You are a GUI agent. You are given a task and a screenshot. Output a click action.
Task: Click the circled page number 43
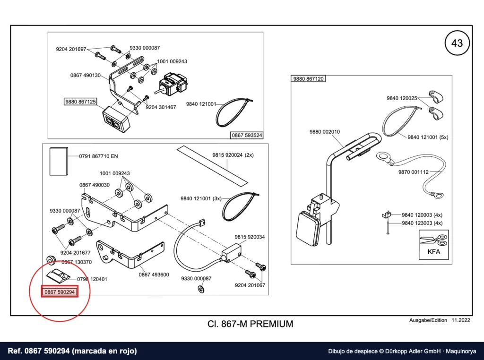(x=457, y=43)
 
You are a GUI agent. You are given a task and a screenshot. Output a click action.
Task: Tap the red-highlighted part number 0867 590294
(x=60, y=292)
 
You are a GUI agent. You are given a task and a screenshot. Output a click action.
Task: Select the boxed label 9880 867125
(x=80, y=102)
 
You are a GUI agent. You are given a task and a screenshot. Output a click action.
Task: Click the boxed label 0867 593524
(x=247, y=135)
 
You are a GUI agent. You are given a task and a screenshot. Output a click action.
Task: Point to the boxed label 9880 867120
(x=308, y=79)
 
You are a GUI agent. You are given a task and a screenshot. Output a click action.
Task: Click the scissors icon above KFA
(x=433, y=240)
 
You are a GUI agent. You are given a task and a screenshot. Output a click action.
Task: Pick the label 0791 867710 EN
(x=98, y=156)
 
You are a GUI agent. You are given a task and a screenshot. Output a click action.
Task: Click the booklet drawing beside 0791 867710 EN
(x=59, y=161)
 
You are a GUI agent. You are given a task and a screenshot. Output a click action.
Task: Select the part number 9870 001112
(x=413, y=172)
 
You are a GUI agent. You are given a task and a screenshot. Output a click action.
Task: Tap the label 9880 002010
(x=325, y=132)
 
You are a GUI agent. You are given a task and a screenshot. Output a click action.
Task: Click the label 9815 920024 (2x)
(x=233, y=155)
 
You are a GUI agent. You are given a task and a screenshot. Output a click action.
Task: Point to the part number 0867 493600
(x=154, y=274)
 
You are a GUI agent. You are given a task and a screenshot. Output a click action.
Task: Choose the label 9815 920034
(x=250, y=237)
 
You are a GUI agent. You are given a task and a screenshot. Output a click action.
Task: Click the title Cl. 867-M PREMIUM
(x=251, y=324)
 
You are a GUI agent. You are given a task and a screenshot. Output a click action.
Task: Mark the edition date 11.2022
(x=461, y=320)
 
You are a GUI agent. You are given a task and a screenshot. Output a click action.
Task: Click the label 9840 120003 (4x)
(x=422, y=215)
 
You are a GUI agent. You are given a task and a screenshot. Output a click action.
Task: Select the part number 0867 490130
(x=86, y=75)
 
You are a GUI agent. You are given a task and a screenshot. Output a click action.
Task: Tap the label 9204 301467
(x=161, y=107)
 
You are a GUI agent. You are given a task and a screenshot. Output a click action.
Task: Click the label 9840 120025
(x=402, y=98)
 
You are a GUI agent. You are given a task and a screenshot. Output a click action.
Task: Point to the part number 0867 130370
(x=77, y=262)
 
